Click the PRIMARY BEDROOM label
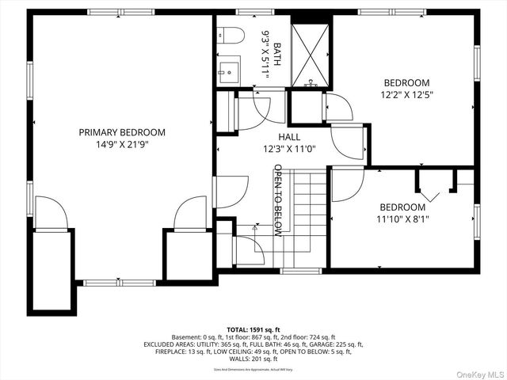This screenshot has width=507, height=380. pos(121,132)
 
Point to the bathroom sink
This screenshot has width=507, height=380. pos(229,70)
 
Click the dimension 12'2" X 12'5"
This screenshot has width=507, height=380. pos(406,95)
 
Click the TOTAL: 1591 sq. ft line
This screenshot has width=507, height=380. pos(253,329)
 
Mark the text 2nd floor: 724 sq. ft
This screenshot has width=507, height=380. pos(303,336)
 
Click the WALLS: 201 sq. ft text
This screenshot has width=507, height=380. pos(253,359)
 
